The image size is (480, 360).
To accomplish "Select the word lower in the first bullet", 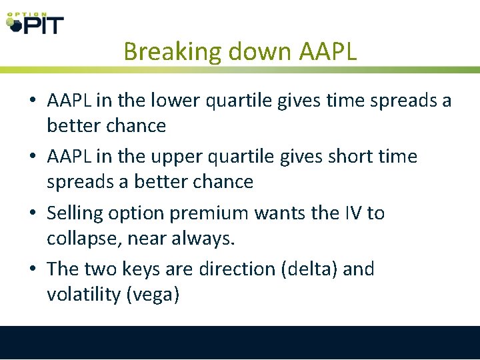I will [x=181, y=101].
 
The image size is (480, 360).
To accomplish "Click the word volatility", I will [x=83, y=294].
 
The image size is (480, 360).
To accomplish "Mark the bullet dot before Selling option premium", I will [x=32, y=214].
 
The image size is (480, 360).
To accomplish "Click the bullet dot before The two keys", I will [x=32, y=270].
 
